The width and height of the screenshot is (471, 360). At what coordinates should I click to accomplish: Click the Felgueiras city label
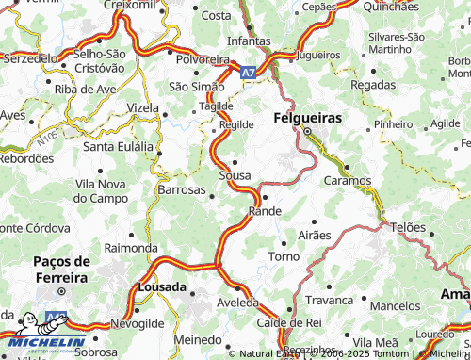click(307, 119)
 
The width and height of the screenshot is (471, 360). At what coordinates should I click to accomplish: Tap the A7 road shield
click(246, 72)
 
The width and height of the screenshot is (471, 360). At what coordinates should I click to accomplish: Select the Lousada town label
click(161, 284)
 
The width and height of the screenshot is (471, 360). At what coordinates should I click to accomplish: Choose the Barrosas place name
click(182, 189)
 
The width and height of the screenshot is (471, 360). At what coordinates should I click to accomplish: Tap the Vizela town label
click(143, 107)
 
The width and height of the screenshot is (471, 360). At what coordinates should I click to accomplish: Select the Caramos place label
click(349, 179)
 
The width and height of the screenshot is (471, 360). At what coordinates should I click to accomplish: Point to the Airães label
click(315, 234)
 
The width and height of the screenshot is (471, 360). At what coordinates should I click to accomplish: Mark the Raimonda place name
click(131, 247)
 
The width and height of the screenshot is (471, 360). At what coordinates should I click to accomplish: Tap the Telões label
click(408, 227)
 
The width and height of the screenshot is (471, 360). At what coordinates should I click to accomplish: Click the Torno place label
click(284, 256)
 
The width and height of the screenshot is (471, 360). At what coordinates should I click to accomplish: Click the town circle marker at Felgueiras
click(306, 132)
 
